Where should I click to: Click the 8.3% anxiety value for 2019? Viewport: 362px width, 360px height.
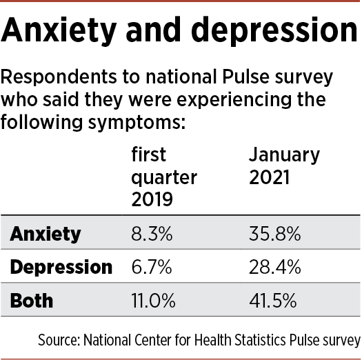pos(152,234)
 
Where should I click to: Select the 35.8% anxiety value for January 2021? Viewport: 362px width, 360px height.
pos(274,234)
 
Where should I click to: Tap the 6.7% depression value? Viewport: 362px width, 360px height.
pos(152,267)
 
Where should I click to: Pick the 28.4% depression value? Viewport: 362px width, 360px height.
pos(274,267)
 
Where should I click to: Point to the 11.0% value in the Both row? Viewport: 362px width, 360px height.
pos(153,300)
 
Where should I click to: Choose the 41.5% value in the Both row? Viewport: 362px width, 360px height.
pos(272,300)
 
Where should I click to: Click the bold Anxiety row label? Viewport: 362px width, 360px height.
pos(46,234)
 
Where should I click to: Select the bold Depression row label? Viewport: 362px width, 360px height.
pos(61,268)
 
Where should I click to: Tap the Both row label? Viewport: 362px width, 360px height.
pos(32,300)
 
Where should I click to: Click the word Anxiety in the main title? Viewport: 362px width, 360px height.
pos(59,31)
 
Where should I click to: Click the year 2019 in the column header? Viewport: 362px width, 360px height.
pos(152,199)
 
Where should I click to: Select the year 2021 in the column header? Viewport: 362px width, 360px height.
pos(269,177)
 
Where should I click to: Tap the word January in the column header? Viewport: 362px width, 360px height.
pos(284,155)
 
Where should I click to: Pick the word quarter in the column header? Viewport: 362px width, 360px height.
pos(164,178)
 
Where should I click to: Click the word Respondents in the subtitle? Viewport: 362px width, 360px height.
pos(59,77)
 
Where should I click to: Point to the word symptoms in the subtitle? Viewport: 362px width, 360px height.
pos(137,123)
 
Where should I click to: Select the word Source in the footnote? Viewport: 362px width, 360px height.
pos(59,340)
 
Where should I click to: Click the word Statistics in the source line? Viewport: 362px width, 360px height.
pos(260,340)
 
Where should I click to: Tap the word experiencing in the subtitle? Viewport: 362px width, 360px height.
pos(234,100)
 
